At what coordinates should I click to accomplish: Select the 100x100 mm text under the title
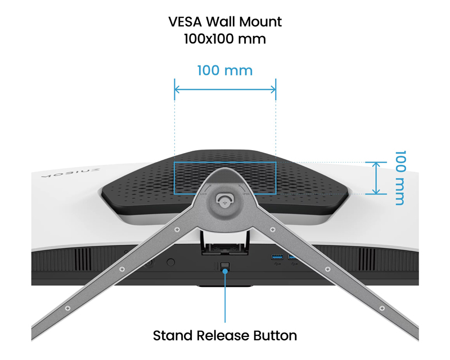coord(224,40)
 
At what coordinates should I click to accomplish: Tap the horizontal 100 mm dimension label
coord(224,71)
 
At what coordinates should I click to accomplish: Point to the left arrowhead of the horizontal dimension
coord(177,89)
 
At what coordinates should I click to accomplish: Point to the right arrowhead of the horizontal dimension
coord(273,89)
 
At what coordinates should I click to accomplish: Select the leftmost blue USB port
coord(277,258)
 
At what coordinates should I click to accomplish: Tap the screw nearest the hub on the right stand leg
coord(273,229)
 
